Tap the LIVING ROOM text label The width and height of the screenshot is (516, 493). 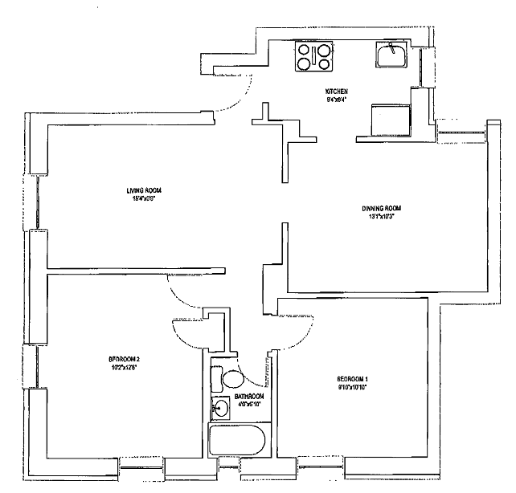click(144, 190)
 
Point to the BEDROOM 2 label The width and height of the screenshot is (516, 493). click(125, 359)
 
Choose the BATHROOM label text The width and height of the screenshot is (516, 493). click(248, 397)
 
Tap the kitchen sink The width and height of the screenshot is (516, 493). click(392, 55)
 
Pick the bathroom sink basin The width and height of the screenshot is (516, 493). click(217, 409)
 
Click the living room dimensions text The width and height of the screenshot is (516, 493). click(144, 198)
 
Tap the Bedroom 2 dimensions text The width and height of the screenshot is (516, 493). click(125, 367)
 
